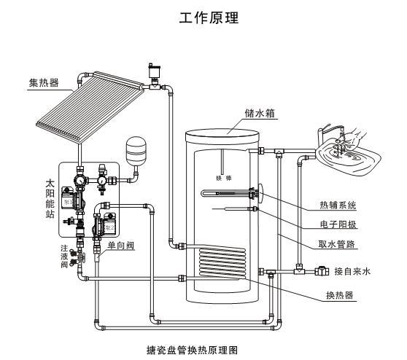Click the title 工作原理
pyautogui.click(x=204, y=16)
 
